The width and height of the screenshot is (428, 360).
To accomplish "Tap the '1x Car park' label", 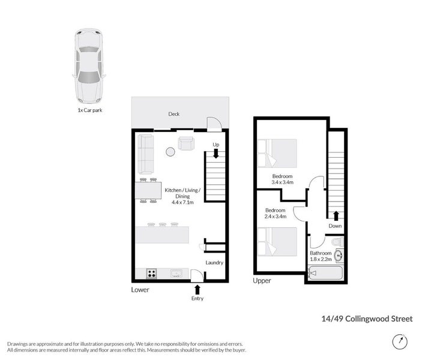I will click(89, 110).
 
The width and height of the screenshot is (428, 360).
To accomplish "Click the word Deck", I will click(173, 114).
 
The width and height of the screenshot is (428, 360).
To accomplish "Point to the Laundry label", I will click(214, 262).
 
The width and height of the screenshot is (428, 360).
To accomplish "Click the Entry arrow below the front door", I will click(197, 290).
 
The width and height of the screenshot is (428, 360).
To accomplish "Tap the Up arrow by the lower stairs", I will click(216, 153).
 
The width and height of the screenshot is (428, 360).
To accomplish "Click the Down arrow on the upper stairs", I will click(336, 216).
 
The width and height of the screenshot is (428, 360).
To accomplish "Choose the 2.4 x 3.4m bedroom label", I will click(276, 214).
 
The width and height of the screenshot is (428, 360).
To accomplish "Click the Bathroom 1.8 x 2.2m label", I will click(321, 256).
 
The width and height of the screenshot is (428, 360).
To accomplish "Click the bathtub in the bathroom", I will click(325, 274).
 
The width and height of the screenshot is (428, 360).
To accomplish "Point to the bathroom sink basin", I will click(339, 256).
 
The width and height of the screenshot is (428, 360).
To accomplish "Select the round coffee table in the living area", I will click(170, 152).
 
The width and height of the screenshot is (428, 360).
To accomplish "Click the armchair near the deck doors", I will click(186, 143).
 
